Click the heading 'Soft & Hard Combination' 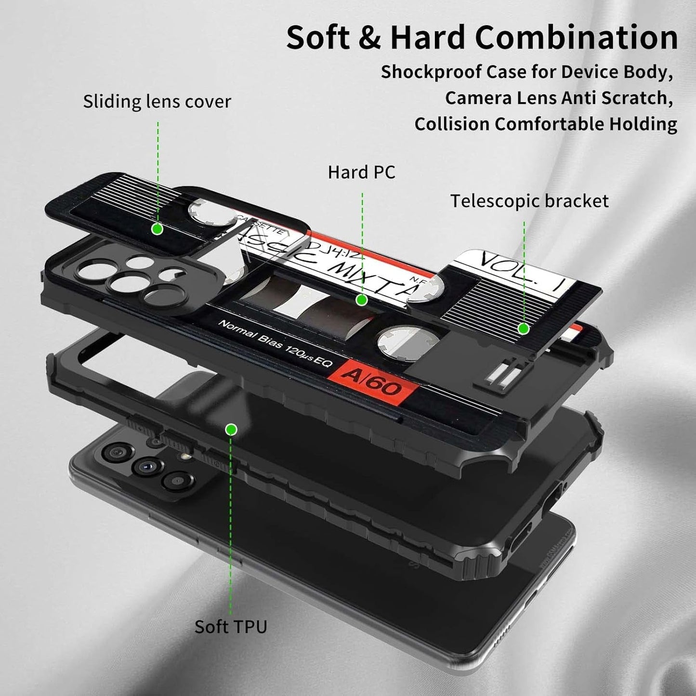point(482,38)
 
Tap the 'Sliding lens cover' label point(157,102)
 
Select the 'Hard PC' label point(361,172)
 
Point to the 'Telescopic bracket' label point(529,201)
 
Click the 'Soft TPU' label point(231,627)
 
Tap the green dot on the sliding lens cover point(157,229)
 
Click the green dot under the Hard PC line point(362,300)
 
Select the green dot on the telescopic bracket point(524,329)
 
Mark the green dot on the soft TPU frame point(231,429)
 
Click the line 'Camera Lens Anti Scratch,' point(559,98)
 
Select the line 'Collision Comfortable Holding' point(546,124)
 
